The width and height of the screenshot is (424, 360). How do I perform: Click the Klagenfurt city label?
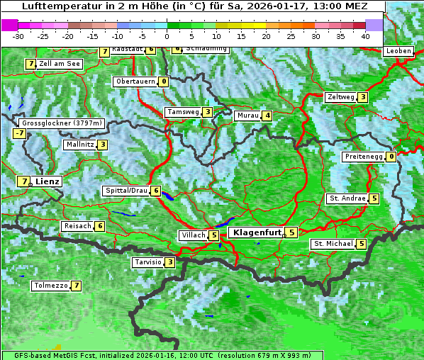pos(255,232)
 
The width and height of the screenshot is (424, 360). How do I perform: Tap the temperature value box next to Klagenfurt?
pos(291,232)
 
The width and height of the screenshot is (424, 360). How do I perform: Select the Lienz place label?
pos(48,181)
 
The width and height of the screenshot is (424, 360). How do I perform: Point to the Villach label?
pos(193,235)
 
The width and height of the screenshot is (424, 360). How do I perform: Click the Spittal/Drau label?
pos(126,191)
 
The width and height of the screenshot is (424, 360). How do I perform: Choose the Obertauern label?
pos(135,81)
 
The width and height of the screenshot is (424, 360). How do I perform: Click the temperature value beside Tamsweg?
pos(207,112)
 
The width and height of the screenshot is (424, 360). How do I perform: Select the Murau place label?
pos(247,116)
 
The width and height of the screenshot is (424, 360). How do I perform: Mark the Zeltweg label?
pos(340,97)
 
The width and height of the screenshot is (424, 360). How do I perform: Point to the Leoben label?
pos(398,51)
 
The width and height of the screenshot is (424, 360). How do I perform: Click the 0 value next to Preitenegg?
pos(391,157)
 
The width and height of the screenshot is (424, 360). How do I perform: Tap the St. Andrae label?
pos(347,198)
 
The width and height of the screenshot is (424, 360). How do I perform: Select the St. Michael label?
pos(333,244)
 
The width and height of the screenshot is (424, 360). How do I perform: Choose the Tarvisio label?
pos(147,262)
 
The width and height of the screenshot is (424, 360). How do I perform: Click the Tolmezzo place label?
pos(50,286)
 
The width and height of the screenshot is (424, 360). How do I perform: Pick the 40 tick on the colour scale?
pos(365,35)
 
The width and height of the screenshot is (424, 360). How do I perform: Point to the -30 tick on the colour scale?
pos(18,35)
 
